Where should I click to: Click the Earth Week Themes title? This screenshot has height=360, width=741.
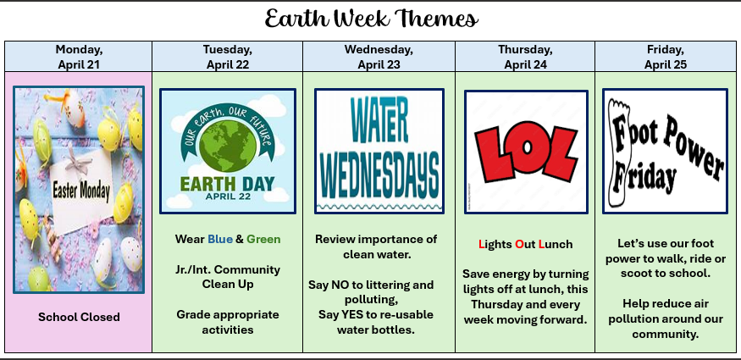[371, 19]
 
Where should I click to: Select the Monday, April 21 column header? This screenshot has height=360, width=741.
[79, 57]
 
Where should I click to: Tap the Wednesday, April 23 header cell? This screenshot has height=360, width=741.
[379, 57]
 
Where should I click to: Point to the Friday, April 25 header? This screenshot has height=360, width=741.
[666, 57]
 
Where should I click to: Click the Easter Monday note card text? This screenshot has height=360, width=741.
[81, 191]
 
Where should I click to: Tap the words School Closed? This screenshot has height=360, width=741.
[79, 317]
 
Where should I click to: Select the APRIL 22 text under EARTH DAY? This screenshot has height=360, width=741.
[228, 197]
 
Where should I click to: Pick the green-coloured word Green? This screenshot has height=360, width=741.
[263, 239]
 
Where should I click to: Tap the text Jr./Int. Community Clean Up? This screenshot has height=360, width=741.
[228, 277]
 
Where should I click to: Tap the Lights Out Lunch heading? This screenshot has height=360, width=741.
[526, 244]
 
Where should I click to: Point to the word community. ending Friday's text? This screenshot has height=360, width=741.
[666, 335]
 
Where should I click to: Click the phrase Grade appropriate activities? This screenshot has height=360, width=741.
[228, 322]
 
